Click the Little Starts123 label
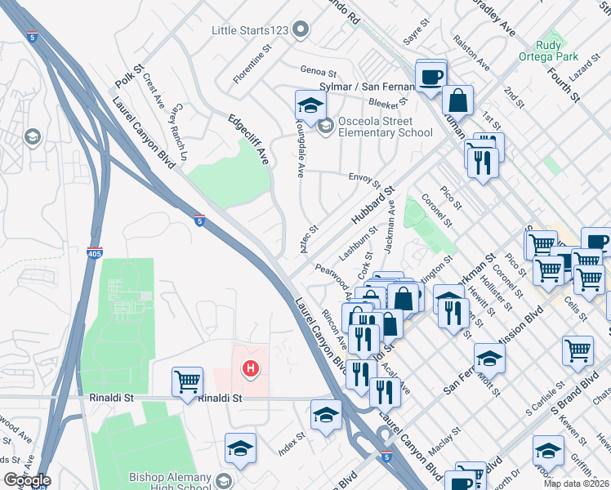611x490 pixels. [x=250, y=30]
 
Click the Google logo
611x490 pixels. [x=27, y=480]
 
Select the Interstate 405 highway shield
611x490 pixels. [x=96, y=253]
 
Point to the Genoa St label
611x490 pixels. [x=319, y=72]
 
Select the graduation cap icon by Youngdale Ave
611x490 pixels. [x=310, y=105]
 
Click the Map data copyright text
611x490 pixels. [x=576, y=483]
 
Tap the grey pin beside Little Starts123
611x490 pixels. [x=300, y=30]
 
